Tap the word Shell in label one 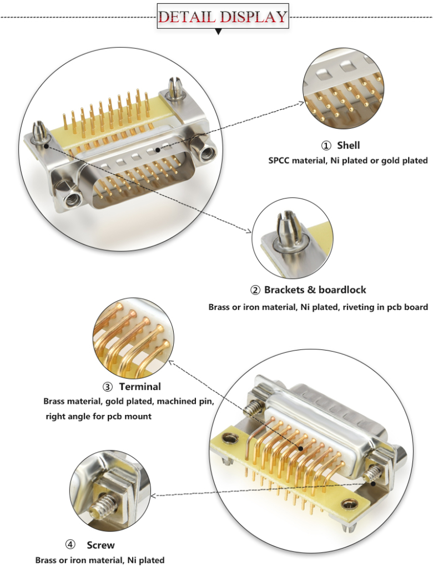[349, 145]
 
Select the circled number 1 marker [326, 146]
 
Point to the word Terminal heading [140, 387]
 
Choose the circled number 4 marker [70, 545]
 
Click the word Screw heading [100, 545]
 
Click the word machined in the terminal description [170, 400]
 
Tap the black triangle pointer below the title [219, 33]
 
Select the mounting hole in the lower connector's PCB [349, 504]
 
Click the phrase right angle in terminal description [71, 416]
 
